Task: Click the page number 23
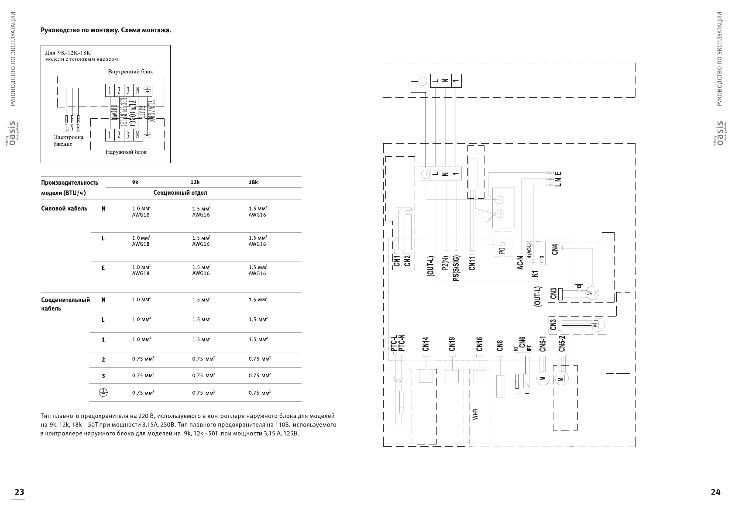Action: [19, 492]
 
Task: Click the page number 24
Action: [715, 492]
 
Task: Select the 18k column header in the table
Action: [253, 183]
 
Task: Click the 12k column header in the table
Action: [195, 183]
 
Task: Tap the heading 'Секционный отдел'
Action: [180, 193]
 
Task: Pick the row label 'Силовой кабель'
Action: [64, 209]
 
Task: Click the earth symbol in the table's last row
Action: [103, 393]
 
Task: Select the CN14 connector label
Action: [426, 344]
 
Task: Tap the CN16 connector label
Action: [479, 344]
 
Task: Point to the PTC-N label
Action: [402, 343]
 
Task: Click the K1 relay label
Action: [535, 274]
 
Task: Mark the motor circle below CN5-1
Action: [543, 379]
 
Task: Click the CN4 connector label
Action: [554, 249]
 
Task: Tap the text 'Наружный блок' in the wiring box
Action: [126, 152]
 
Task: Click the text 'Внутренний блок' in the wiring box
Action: [131, 72]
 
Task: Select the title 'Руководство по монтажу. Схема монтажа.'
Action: [106, 31]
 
